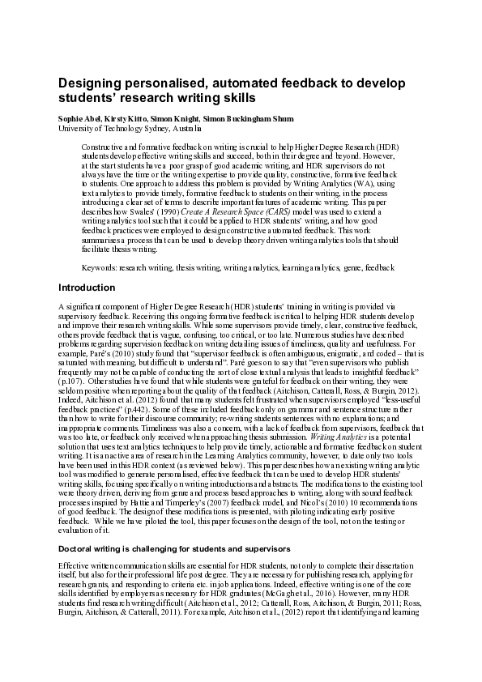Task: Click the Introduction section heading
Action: tap(87, 288)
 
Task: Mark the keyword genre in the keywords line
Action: tap(351, 267)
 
